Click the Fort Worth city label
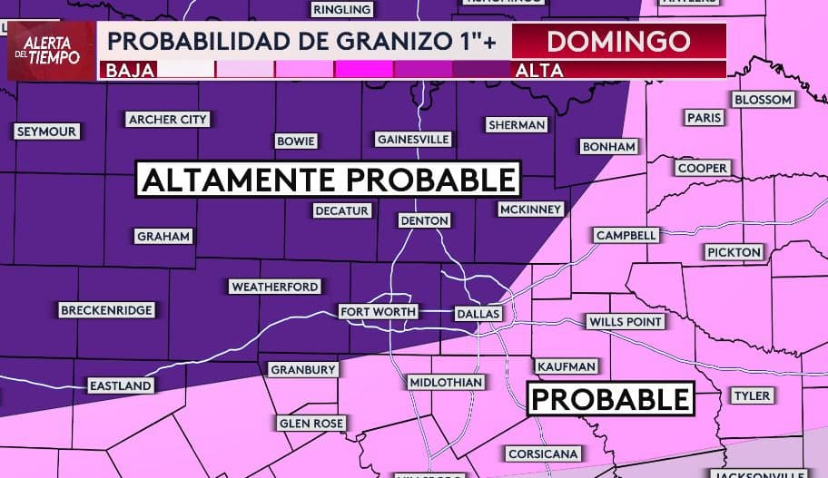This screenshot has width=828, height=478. coord(378,311)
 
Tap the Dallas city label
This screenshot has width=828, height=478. coord(478,314)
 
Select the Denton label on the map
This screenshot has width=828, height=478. coord(425,220)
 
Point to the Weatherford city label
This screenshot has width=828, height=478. coord(275,287)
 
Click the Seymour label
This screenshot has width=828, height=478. coord(47,132)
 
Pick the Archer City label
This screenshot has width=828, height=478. coord(168,119)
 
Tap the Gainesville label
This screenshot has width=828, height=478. coord(413,139)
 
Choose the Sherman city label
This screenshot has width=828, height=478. coord(516,124)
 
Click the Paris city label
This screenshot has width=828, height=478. coord(704,118)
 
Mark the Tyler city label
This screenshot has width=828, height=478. coord(752,395)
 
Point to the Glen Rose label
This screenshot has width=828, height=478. coord(310,424)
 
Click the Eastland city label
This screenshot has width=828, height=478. coord(120,385)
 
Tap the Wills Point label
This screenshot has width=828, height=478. coord(626,321)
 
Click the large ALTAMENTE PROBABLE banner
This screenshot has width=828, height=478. coord(329,180)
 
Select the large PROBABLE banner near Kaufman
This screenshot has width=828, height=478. coord(611,398)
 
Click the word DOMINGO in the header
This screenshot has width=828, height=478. coord(618,41)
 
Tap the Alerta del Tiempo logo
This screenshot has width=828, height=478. coord(51,51)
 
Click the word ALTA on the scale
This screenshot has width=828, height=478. coord(539,70)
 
